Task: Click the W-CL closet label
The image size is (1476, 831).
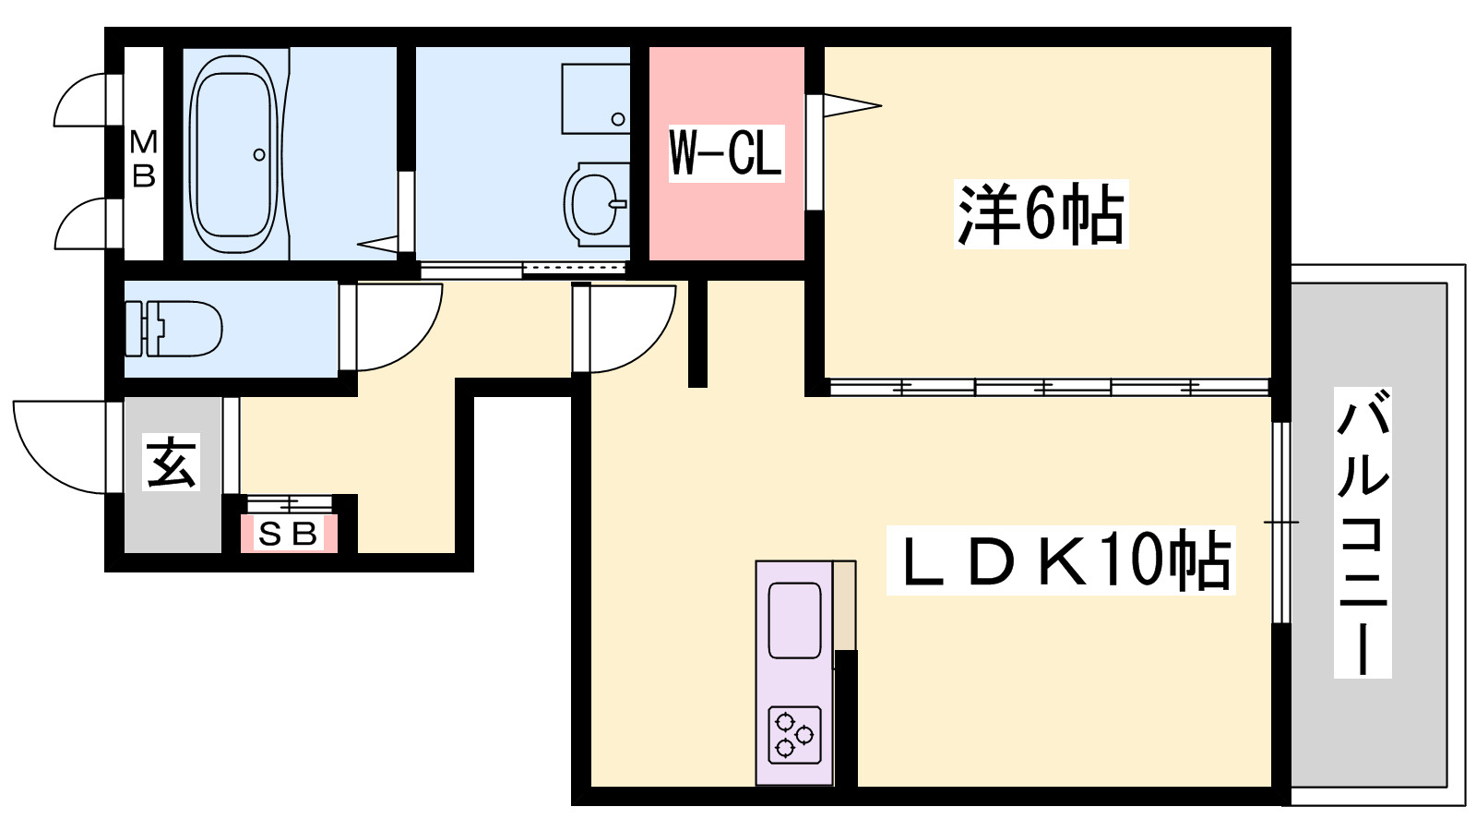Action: pos(726,153)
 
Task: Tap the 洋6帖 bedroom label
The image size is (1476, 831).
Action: pos(1042,214)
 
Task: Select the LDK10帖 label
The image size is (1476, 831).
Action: pos(1061,560)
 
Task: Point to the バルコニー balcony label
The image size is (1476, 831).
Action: pos(1363,533)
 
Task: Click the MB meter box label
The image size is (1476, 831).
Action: pos(144,159)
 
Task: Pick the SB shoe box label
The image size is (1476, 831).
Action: pos(288,534)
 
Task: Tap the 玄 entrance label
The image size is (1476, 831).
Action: pos(172,463)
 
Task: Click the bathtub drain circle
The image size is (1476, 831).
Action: pos(259,155)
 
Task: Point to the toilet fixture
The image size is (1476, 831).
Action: pos(173,329)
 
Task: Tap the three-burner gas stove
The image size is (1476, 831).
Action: pos(794,735)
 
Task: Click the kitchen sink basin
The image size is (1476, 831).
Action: pos(794,620)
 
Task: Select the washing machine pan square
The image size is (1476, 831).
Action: pos(596,99)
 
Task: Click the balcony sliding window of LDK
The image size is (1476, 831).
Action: pos(1281,523)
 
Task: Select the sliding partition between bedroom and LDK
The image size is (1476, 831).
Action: pos(1049,387)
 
